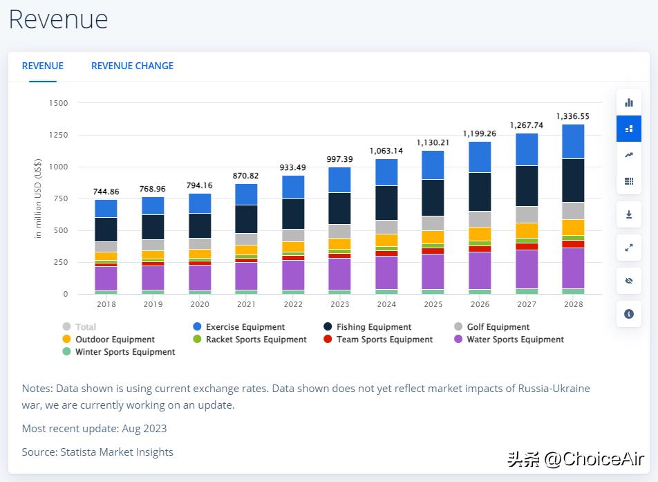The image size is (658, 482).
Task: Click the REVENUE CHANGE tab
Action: [x=132, y=66]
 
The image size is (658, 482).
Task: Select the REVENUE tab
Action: [x=43, y=66]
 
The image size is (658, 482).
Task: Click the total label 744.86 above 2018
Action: [x=106, y=192]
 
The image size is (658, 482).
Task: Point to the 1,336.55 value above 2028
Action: [x=573, y=116]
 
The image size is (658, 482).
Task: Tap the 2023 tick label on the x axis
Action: [x=339, y=304]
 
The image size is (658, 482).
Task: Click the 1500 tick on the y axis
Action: [x=59, y=103]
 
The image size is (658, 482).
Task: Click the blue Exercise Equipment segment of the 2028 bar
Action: [x=573, y=142]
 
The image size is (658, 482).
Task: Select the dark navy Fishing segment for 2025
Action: [x=433, y=198]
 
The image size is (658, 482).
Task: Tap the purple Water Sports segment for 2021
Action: [x=246, y=276]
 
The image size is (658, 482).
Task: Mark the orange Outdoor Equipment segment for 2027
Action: [x=527, y=230]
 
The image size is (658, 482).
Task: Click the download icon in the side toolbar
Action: [x=629, y=214]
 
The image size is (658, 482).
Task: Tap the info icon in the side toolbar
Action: [x=629, y=314]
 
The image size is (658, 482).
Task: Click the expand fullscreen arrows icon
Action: [x=629, y=248]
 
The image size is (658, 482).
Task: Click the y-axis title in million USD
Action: [x=38, y=198]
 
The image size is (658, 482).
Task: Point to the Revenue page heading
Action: [x=59, y=19]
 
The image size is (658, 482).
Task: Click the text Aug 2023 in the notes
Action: [x=144, y=428]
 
